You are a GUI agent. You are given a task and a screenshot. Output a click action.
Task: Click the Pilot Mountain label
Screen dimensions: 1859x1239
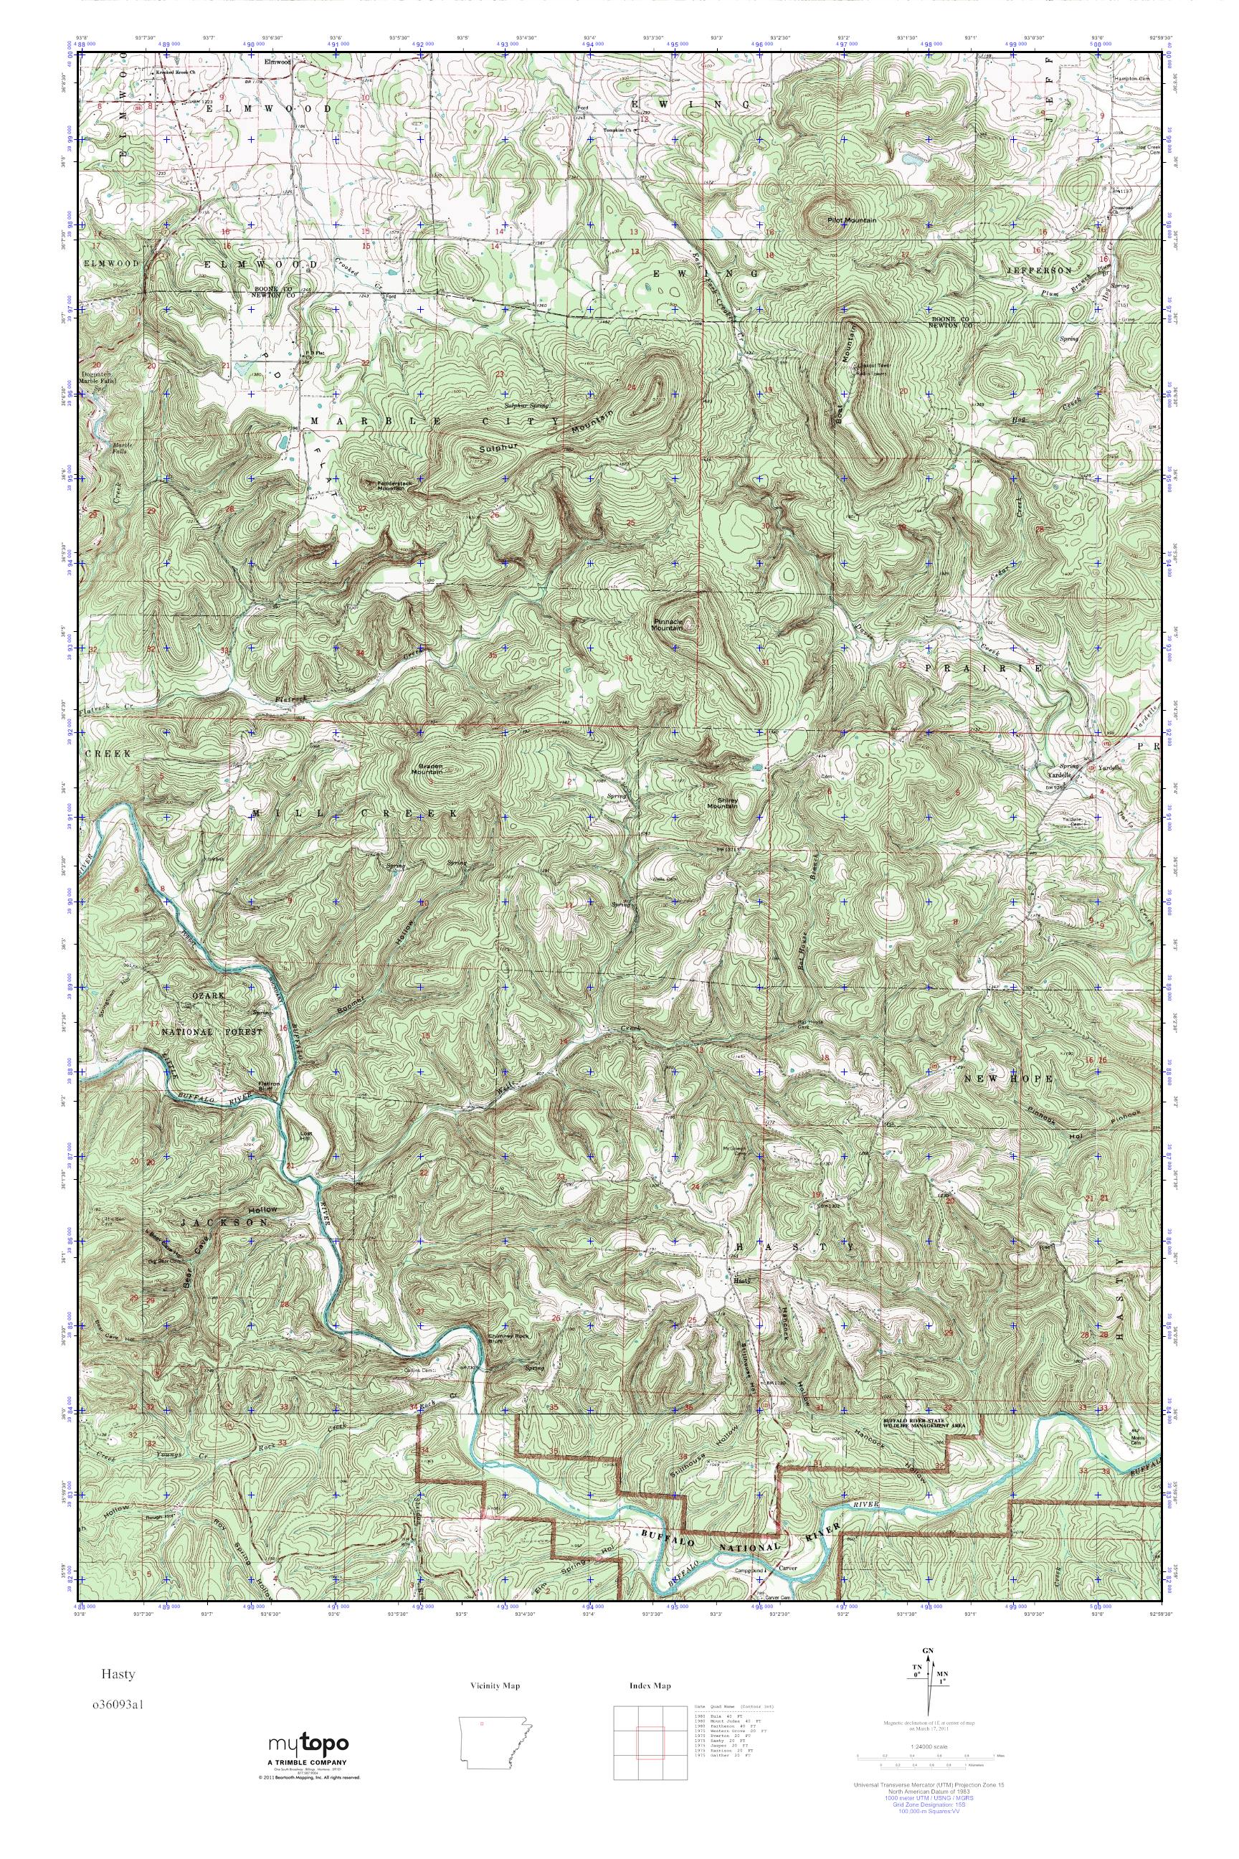pyautogui.click(x=852, y=219)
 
